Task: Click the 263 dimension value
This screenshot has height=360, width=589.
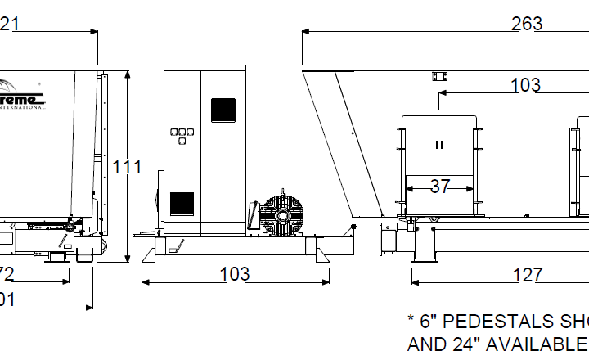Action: (527, 24)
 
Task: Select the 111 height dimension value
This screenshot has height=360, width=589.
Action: (127, 167)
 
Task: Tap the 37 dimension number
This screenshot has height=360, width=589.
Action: (440, 187)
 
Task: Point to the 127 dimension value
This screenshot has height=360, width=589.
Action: (527, 276)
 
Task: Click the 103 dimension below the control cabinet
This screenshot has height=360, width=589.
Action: (235, 275)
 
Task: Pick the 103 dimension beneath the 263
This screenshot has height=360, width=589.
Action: (525, 85)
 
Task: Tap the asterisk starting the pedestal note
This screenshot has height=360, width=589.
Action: (411, 318)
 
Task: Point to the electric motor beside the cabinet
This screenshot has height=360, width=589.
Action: (282, 214)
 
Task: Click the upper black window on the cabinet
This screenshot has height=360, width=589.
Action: (223, 110)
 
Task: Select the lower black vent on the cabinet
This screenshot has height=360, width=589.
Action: (182, 203)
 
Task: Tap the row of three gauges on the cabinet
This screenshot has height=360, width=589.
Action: (182, 132)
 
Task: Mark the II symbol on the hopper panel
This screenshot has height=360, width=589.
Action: (439, 145)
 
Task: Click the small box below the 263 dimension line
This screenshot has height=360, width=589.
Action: (439, 76)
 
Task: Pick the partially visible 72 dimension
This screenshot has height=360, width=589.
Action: (7, 273)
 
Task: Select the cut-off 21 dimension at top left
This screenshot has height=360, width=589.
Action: (10, 25)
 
